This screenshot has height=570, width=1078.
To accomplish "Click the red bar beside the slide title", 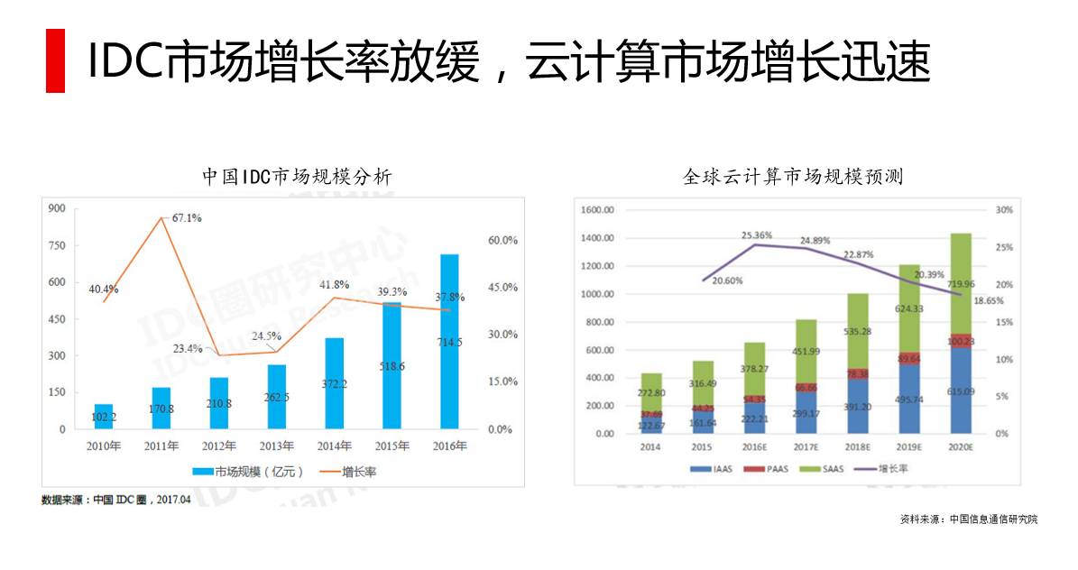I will point(55,60).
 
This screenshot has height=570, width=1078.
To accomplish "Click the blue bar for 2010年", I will point(104,418).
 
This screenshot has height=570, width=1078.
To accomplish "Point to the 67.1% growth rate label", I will point(187,218).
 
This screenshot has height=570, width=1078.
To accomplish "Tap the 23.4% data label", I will point(189,349).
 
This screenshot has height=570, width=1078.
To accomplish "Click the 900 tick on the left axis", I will point(58,208).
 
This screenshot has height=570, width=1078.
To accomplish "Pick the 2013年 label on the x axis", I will point(276,446).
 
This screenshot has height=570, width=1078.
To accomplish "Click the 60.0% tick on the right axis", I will point(502,241).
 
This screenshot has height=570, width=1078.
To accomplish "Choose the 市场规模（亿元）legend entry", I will point(249,472).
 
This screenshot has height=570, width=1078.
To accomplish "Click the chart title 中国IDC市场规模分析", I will point(297,177).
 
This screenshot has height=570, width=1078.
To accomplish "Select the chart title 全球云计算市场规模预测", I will point(793,177).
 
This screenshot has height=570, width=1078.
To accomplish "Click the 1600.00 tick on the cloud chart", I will point(597,210).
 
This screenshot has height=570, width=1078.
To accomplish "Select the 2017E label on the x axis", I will point(806,446).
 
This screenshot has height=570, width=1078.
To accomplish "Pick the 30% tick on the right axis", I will point(1003,210).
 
